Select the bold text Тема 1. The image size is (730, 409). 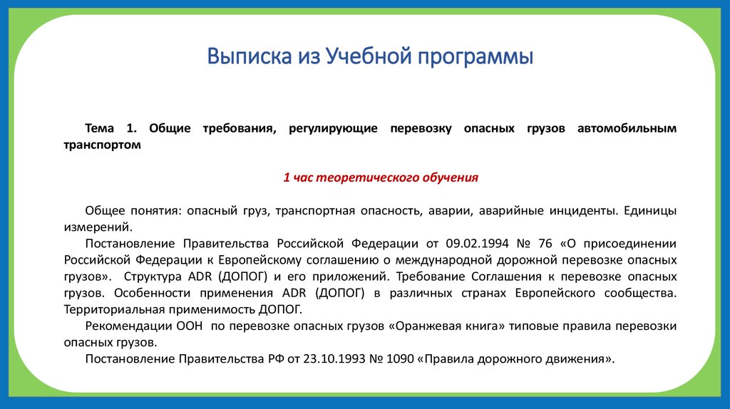pos(110,128)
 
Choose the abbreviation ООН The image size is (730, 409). pos(189,326)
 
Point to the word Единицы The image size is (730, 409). pos(650,211)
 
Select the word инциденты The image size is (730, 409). pos(582,211)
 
